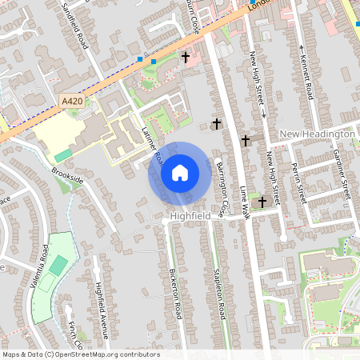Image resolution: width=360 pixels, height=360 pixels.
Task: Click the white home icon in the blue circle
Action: click(x=180, y=172)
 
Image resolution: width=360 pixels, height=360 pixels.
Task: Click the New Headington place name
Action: click(x=317, y=134)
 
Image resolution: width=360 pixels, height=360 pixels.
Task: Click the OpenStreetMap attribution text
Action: click(x=80, y=354)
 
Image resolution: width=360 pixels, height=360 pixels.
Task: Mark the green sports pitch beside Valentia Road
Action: click(x=58, y=266)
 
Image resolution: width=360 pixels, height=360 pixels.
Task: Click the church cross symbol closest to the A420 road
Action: click(x=186, y=58)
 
